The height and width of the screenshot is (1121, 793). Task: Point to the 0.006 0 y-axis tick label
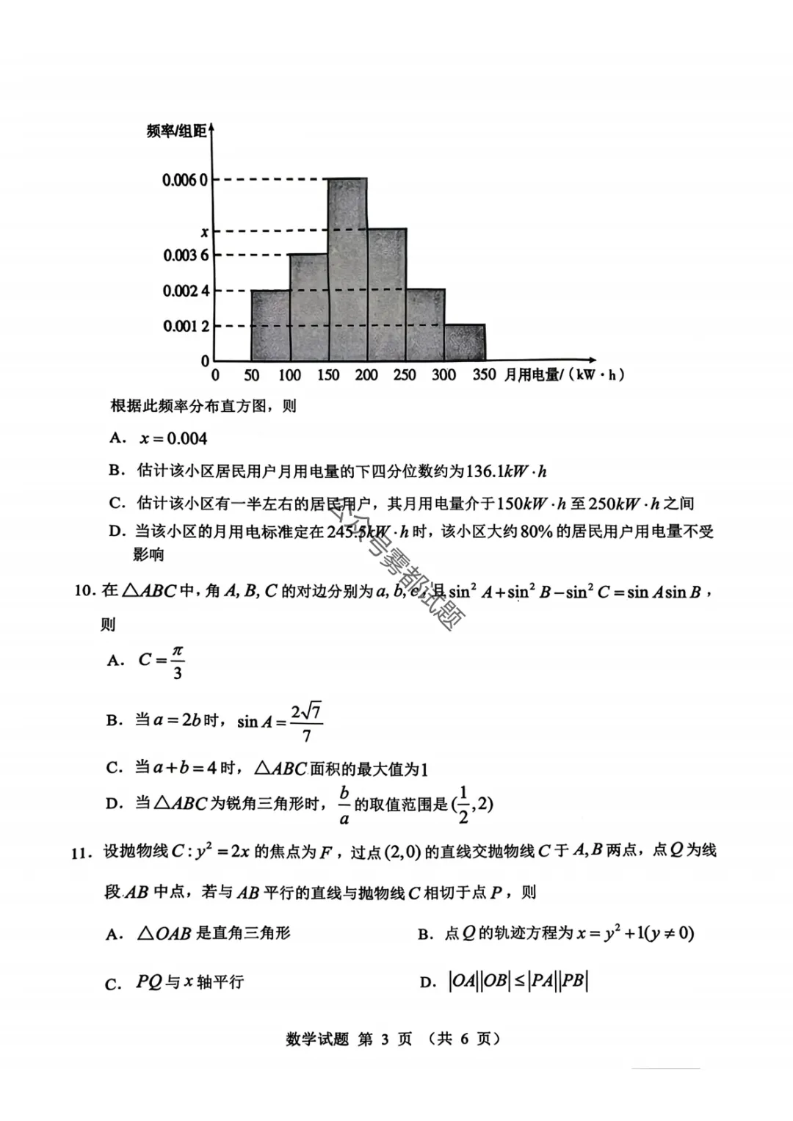185,180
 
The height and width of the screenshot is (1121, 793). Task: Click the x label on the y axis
204,232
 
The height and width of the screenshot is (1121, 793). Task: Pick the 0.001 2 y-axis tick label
186,326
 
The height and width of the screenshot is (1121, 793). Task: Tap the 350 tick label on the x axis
484,375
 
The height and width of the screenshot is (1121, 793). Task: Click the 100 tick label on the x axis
289,375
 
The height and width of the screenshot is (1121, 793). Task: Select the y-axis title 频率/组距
176,131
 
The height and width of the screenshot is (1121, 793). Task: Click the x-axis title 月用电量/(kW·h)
564,375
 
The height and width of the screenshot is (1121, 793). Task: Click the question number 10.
84,590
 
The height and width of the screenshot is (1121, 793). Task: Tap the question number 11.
82,852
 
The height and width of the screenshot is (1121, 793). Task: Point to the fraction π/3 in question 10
177,661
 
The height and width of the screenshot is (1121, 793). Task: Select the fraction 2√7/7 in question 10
306,723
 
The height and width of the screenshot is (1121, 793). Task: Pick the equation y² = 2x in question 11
222,852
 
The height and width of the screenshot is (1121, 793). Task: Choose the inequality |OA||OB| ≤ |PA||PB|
518,982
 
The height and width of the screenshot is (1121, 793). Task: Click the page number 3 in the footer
385,1039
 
